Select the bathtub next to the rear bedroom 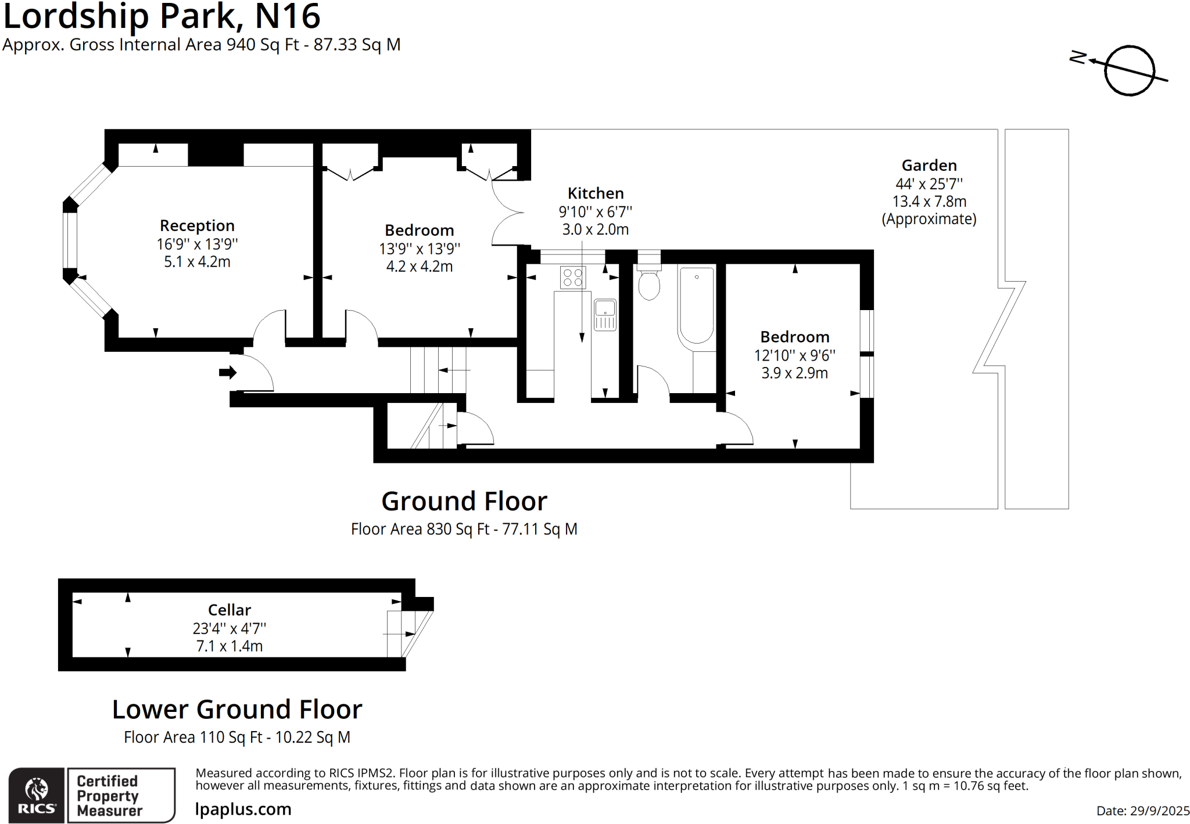[696, 307]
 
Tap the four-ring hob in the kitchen [573, 277]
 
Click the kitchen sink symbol [605, 315]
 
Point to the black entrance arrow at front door [227, 372]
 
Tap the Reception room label [197, 225]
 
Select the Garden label [929, 165]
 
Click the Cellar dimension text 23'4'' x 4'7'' [229, 628]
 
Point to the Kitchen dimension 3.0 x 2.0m [595, 229]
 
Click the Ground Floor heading [464, 501]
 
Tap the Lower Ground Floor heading [237, 709]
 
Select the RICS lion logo [36, 795]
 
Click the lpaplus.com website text [243, 809]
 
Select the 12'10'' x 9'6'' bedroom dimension [794, 355]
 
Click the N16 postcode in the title [288, 16]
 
